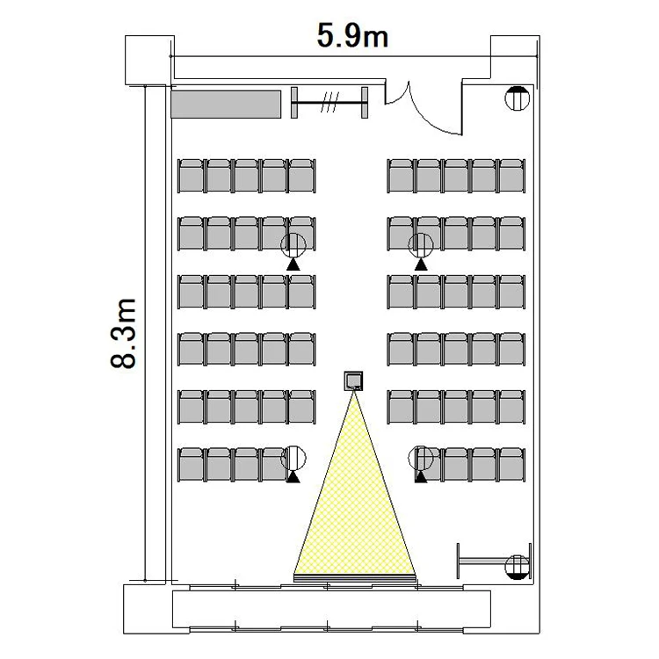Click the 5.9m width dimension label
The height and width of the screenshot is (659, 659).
[352, 36]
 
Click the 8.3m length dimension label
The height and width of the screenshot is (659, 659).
[124, 333]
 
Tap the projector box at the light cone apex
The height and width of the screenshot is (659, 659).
[353, 381]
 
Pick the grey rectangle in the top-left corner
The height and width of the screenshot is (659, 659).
[226, 105]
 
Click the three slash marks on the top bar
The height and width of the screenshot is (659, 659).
[329, 103]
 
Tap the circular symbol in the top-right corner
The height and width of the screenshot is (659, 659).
[517, 98]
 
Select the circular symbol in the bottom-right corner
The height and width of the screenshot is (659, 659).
[517, 567]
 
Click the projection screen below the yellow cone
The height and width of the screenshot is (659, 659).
[355, 578]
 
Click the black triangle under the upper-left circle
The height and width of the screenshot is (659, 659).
[293, 264]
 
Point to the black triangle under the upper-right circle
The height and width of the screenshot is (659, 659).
[421, 264]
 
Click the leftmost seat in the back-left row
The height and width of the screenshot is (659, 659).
[192, 176]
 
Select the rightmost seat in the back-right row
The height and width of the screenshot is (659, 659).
[511, 176]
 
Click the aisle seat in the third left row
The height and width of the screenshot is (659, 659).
[301, 292]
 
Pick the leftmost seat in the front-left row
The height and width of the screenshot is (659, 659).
[192, 465]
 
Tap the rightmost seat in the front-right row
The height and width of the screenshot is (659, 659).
[511, 465]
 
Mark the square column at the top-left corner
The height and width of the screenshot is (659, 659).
[149, 60]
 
